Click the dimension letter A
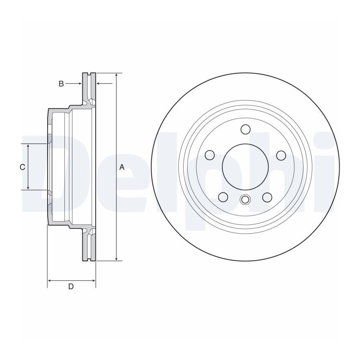[122, 167]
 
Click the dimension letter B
[61, 84]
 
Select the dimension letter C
[22, 167]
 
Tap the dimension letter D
[71, 286]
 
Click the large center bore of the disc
[245, 167]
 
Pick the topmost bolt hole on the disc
[245, 129]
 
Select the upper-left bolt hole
[209, 155]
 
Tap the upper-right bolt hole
[281, 156]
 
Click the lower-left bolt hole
[223, 197]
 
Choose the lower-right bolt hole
[267, 197]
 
